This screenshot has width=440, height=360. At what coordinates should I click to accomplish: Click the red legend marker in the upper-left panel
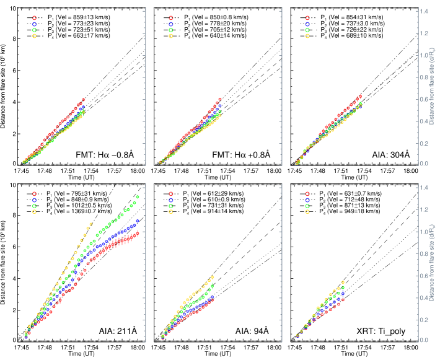coord(34,18)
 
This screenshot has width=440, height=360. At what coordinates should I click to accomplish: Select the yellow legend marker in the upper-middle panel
coord(171,36)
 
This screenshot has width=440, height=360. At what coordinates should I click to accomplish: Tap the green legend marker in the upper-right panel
coord(307,30)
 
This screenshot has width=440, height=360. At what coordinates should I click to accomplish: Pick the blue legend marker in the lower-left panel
coord(34,200)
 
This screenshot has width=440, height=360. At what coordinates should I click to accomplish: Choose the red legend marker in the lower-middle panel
coord(171,193)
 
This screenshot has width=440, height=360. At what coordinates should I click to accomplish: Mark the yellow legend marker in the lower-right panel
coord(307,211)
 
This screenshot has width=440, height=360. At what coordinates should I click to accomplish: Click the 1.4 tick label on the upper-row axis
coord(424,11)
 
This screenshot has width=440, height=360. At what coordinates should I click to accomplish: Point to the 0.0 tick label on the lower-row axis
coord(424,340)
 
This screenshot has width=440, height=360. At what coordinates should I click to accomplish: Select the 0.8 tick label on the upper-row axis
coord(424,99)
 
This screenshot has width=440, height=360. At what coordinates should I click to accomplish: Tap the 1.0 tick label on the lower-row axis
coord(424,231)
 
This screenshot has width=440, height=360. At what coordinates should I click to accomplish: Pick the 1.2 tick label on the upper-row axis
coord(424,33)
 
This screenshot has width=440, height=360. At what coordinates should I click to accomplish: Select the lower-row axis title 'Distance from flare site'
coord(432,261)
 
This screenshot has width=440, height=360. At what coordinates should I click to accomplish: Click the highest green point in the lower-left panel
coord(138,196)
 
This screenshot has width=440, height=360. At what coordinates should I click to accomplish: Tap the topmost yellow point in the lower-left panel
coord(91,224)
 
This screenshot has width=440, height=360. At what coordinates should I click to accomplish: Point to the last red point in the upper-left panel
coord(84,99)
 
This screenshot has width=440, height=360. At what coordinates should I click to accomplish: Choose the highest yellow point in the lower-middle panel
coord(213,277)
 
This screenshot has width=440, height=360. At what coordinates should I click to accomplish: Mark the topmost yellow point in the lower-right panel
coord(343,283)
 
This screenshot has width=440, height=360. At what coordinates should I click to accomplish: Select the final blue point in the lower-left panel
coord(138,221)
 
